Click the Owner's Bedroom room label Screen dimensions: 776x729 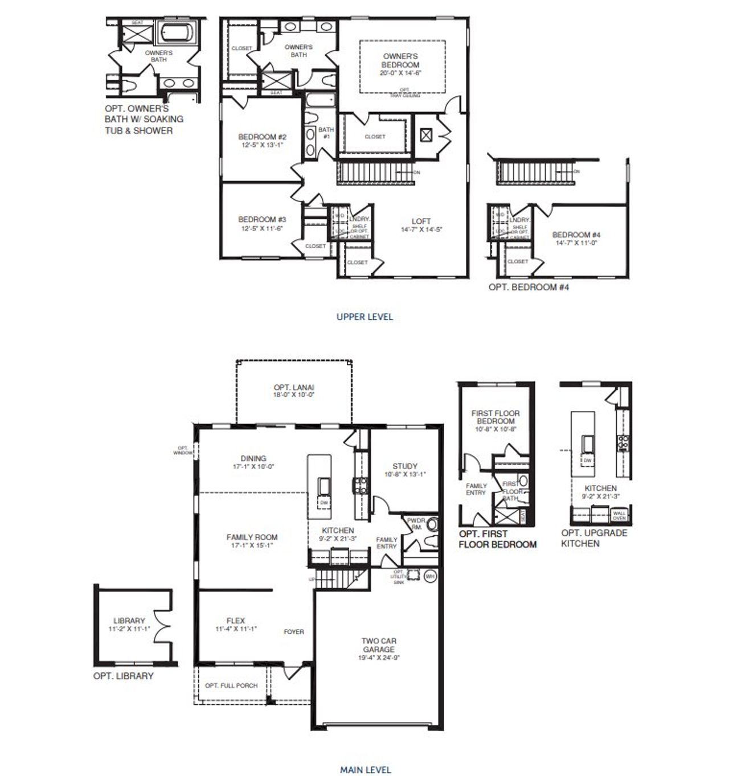coord(400,60)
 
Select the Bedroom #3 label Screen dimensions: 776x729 coord(262,219)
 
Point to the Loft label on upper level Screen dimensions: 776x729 coord(421,221)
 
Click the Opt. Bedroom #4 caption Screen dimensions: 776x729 coord(529,287)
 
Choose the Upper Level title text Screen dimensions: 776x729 coord(364,317)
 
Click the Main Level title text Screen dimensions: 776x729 coord(365,770)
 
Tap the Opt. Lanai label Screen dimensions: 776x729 coord(294,387)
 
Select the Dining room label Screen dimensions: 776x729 coord(253,458)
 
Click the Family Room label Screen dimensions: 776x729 coord(252,537)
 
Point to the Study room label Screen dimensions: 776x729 coord(405,466)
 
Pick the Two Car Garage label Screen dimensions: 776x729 coord(379,645)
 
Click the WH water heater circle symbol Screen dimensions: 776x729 coord(430,576)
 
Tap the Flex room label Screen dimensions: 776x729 coord(236,621)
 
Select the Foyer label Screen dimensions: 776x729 coord(294,631)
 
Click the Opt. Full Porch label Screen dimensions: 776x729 coord(231,685)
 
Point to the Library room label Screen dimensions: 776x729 coord(129,621)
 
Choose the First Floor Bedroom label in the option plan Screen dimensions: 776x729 coord(495,417)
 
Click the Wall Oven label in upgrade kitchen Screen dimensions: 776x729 coord(619,515)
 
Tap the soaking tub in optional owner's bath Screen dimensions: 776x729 coord(176,32)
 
